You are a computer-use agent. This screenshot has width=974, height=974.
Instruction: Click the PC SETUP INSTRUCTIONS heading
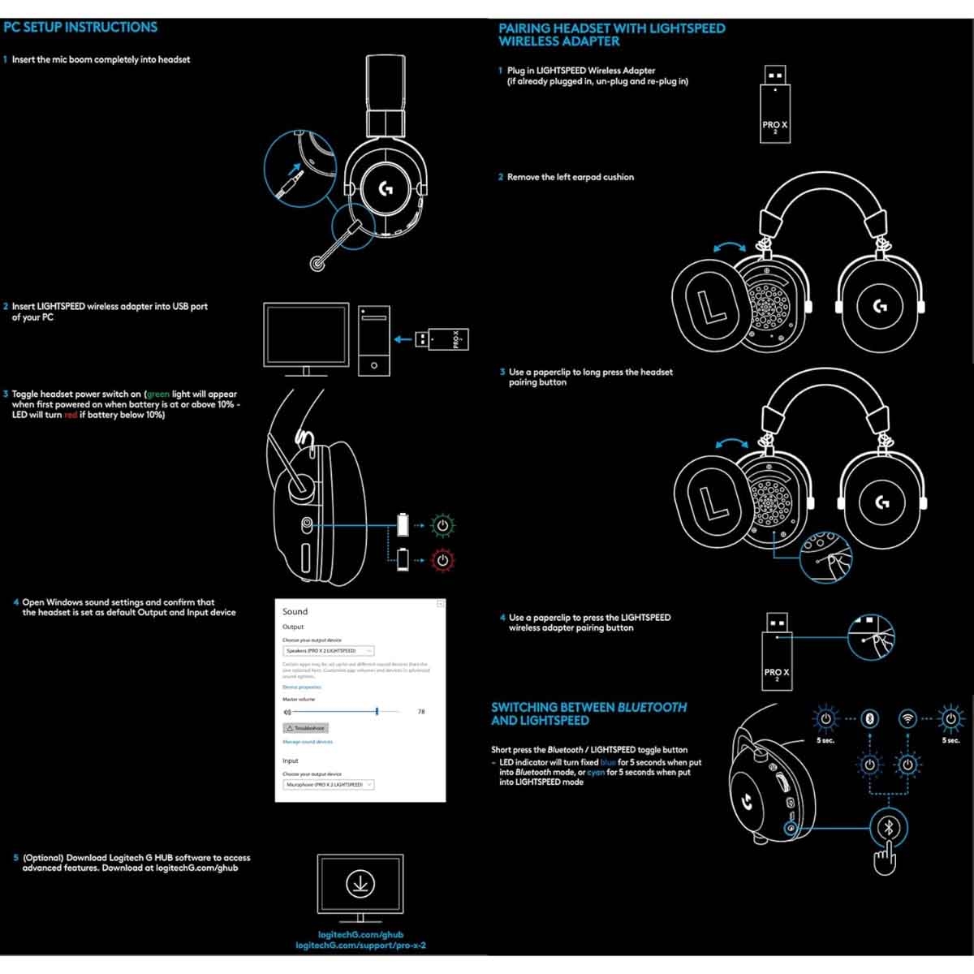(x=80, y=28)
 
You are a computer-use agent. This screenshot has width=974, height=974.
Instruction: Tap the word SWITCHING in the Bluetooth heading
(x=524, y=707)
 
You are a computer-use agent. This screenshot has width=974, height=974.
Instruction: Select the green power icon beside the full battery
(x=442, y=525)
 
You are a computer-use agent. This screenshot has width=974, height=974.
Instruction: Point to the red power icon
(x=442, y=559)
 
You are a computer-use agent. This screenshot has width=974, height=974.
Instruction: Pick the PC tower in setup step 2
(x=373, y=340)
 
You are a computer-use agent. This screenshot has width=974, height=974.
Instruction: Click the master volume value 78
(x=421, y=712)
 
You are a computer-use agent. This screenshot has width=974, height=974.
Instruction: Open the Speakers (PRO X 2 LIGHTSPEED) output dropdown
(x=328, y=651)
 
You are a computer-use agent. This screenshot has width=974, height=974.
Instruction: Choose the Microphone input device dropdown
(x=328, y=785)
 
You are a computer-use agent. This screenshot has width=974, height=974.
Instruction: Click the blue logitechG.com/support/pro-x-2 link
(x=360, y=946)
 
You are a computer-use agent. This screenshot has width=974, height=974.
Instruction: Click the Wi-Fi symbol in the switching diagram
(x=908, y=718)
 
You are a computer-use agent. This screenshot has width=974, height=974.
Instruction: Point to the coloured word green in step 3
(x=157, y=394)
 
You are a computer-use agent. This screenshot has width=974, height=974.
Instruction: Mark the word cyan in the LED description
(x=596, y=773)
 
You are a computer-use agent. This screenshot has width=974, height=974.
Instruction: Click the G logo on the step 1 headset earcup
(x=386, y=189)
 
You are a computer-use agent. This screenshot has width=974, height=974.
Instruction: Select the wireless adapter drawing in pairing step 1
(x=774, y=104)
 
